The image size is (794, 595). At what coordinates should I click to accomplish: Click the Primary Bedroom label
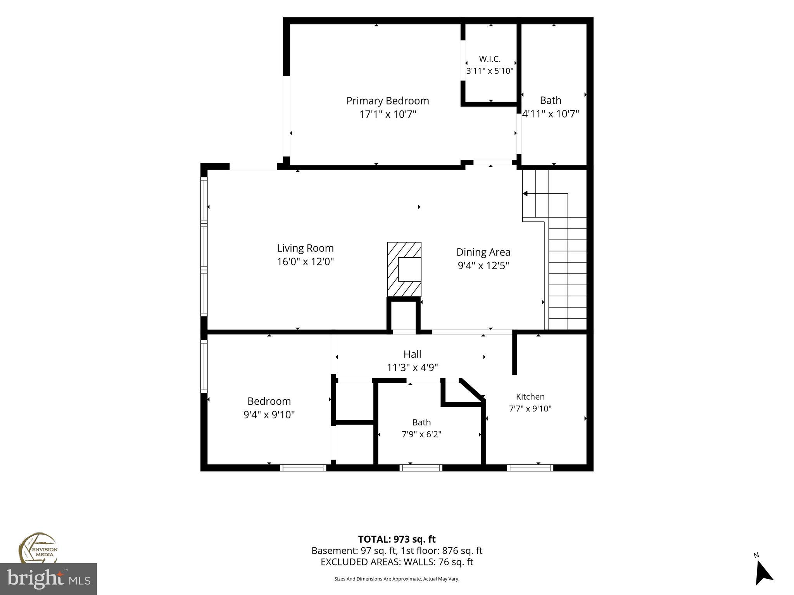coord(388,101)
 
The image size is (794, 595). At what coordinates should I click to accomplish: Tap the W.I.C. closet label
coord(490,59)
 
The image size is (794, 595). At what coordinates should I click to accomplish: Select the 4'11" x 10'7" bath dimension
coord(551,114)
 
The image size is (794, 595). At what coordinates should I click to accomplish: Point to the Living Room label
coord(305,248)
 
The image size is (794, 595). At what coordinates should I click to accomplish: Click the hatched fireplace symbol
coord(404,269)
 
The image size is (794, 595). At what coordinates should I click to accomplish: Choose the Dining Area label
coord(483,252)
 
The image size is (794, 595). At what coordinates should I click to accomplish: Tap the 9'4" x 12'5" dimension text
coord(483,266)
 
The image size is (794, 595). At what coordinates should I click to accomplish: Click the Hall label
coord(412,354)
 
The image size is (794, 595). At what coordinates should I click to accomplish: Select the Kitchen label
coord(530,397)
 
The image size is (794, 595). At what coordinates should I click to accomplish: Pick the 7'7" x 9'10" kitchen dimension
coord(530,408)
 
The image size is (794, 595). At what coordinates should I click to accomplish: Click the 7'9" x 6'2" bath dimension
coord(421,434)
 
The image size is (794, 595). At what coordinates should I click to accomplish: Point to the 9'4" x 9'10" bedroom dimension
coord(269,415)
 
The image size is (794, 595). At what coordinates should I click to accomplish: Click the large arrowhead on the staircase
coord(525,193)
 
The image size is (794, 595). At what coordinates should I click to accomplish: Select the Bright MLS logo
coord(48,579)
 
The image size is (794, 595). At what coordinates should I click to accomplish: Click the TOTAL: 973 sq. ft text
coord(397,539)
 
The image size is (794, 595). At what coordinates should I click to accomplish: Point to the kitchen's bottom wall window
coord(530,468)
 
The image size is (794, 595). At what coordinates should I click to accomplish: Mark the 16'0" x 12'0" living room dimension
coord(305,262)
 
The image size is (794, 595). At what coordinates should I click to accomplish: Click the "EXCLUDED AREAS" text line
coord(397,562)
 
